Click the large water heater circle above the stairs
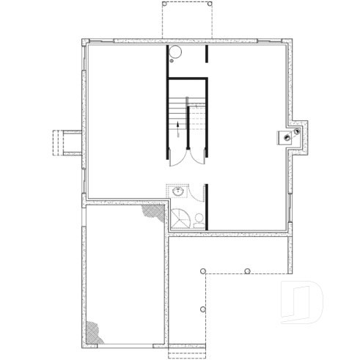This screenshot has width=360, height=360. [x=175, y=53]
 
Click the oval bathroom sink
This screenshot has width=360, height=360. [x=177, y=191]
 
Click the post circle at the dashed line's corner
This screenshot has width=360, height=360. [x=202, y=271]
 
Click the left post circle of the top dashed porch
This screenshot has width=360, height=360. [x=164, y=3]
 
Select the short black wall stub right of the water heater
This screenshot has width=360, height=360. [x=207, y=54]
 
